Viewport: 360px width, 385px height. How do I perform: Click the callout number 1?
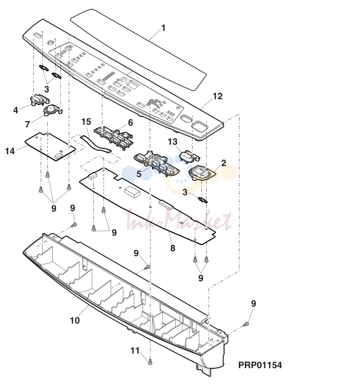163,28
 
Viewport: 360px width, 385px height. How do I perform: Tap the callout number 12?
218,96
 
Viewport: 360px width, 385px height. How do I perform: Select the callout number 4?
15,110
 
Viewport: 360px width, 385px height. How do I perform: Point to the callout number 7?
27,124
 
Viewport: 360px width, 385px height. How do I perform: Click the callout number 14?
10,151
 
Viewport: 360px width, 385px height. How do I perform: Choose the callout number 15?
86,122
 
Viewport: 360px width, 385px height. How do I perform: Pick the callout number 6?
131,122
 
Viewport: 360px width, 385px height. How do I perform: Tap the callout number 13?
172,142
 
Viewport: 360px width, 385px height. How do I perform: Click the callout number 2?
223,163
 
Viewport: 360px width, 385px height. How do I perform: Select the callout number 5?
139,174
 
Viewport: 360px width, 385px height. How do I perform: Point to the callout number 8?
172,248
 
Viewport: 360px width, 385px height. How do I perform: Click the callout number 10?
75,320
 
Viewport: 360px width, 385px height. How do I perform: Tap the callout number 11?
135,350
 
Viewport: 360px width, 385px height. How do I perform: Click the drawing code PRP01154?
260,365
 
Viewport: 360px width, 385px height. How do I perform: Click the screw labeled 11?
151,361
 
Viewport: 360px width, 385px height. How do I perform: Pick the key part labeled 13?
189,157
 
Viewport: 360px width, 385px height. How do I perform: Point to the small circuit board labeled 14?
51,147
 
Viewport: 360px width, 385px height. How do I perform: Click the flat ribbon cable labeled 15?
96,144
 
